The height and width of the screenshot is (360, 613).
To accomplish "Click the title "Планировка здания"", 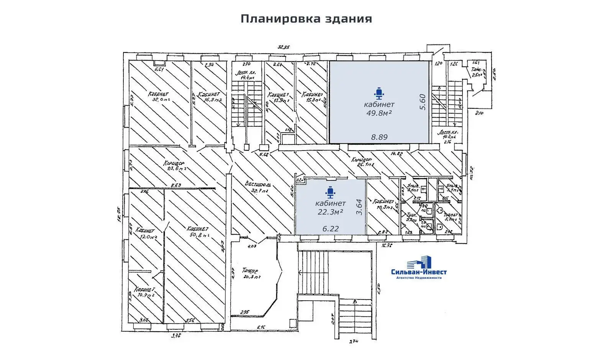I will point(306,19).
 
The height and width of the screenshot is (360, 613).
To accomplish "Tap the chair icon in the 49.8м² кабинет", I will point(379,93).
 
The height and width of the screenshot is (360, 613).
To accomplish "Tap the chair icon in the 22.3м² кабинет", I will point(330,192).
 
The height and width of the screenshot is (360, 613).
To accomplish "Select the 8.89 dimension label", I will point(379,137).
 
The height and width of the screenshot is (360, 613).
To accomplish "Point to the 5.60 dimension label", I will point(423,102).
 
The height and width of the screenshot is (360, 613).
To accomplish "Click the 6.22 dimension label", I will point(330,229).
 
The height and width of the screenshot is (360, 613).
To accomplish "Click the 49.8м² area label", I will point(379,113).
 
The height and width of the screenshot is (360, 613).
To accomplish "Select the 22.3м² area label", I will point(330,211).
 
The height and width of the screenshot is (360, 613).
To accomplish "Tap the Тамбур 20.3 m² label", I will point(251,272).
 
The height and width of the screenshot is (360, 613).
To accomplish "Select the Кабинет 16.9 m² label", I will point(209,97).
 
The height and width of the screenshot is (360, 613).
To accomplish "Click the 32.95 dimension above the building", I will point(284,47).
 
